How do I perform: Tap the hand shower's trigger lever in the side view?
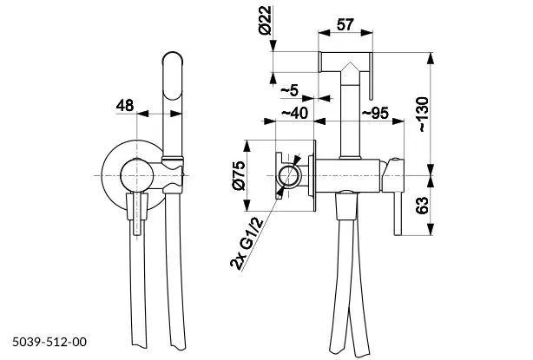pyautogui.click(x=374, y=82)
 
